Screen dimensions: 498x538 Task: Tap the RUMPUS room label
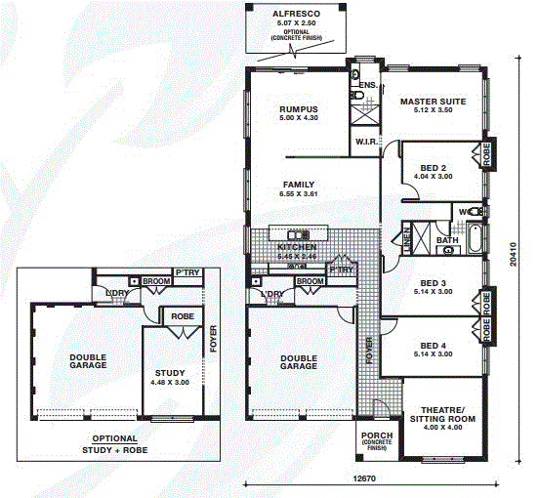299,109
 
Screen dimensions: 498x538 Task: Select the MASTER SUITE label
432,102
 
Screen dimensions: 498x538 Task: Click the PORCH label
376,436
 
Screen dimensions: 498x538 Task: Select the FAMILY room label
298,184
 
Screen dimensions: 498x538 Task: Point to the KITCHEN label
298,248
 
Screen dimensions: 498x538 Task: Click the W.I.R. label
366,142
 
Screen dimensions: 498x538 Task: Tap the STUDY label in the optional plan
169,373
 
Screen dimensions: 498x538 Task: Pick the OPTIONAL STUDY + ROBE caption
115,445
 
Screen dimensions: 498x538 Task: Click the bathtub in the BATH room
474,238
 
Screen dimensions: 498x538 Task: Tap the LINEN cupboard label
405,237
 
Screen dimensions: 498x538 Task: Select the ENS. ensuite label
367,86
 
